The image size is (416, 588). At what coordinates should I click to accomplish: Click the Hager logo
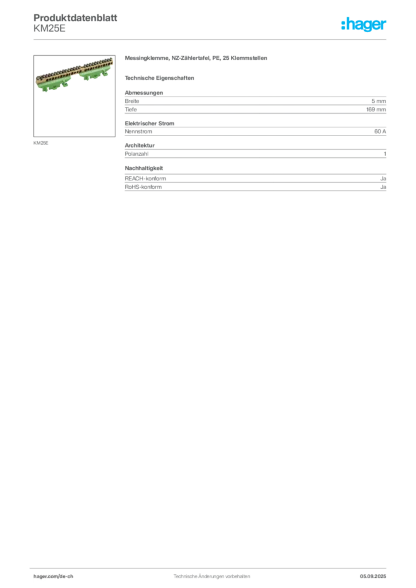point(364,24)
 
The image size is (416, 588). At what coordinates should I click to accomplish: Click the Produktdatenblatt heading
point(75,18)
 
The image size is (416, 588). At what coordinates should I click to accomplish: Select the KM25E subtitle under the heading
point(49,29)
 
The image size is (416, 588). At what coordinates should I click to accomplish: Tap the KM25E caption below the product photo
point(41,143)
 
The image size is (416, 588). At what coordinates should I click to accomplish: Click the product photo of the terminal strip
point(74,96)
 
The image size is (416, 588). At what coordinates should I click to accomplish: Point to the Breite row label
point(132,101)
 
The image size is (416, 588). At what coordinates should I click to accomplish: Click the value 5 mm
point(379,101)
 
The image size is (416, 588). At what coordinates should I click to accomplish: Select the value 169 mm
point(376,110)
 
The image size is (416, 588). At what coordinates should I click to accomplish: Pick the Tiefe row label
point(131,110)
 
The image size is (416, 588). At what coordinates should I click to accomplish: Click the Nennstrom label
point(138,131)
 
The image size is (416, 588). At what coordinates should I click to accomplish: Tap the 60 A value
point(380,131)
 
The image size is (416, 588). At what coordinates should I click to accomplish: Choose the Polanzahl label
point(137,154)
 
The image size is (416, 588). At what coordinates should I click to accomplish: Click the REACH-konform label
point(145,179)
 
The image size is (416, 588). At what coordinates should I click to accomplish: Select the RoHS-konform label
point(143,187)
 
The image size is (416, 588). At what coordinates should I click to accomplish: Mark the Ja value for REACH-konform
point(383,179)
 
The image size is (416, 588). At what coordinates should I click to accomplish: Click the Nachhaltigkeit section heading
point(144,168)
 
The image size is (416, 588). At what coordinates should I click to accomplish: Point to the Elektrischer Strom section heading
point(149,123)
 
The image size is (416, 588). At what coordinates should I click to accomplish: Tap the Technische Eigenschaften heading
point(159,78)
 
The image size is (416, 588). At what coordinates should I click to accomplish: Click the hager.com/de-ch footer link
point(53,577)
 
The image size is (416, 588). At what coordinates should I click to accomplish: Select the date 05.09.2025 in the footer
point(373,577)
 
